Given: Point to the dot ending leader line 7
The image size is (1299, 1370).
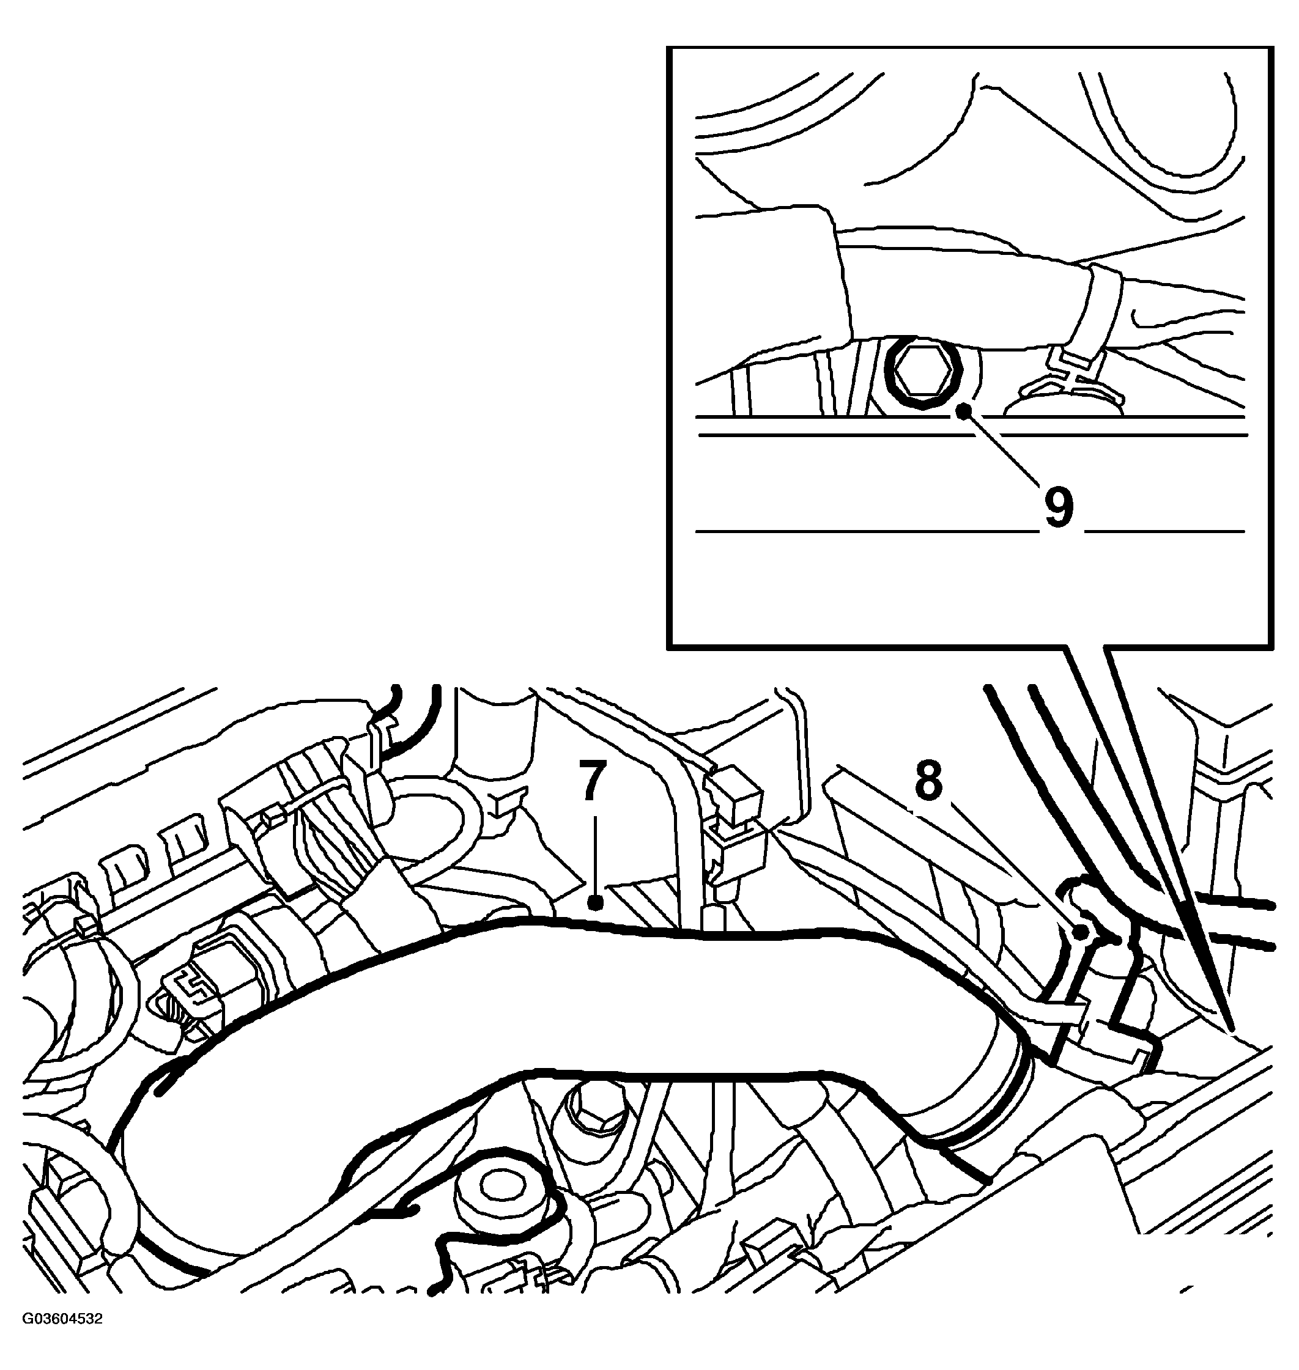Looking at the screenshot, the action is pyautogui.click(x=595, y=903).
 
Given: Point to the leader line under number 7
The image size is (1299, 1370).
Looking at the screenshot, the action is pyautogui.click(x=595, y=853).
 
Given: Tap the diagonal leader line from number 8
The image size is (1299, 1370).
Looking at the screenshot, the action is pyautogui.click(x=1015, y=869).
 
